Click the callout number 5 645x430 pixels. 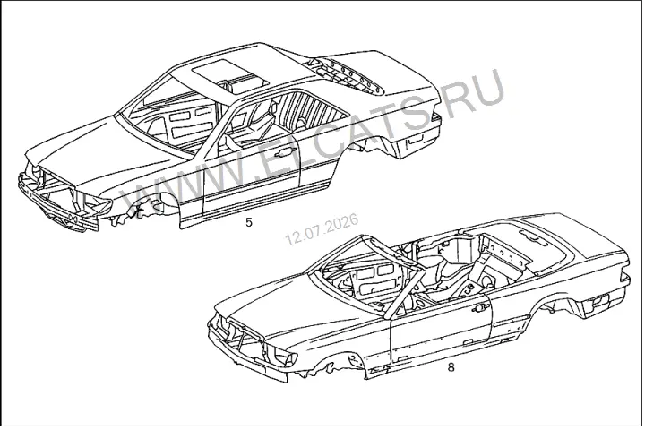click(248, 222)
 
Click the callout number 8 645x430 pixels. click(451, 367)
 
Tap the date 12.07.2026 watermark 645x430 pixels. click(322, 228)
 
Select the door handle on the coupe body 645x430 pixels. click(281, 154)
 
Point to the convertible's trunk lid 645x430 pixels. click(576, 243)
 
